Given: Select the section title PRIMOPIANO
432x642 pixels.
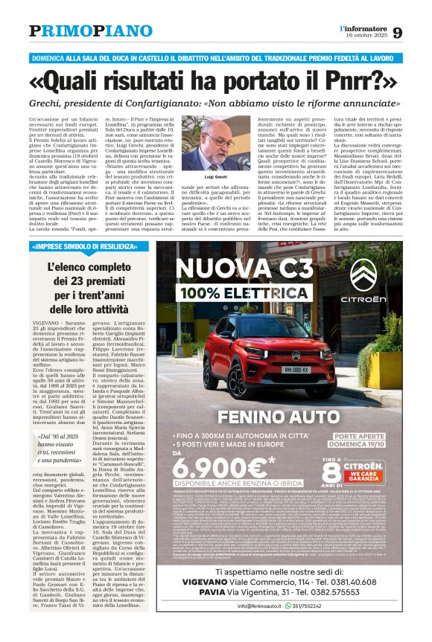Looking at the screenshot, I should click(91, 31).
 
